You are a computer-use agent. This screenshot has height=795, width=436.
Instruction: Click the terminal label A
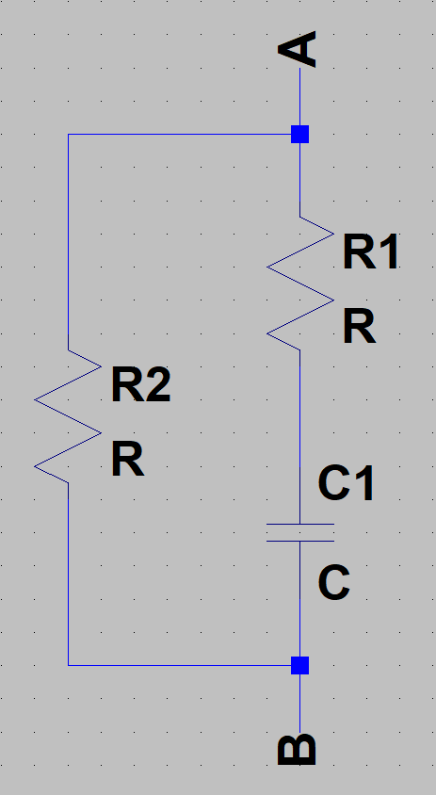click(x=298, y=49)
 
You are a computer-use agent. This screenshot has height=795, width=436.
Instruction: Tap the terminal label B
click(x=298, y=750)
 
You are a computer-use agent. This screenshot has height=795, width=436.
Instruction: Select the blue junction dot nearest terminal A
click(x=299, y=135)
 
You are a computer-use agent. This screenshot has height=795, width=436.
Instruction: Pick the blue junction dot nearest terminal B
click(x=299, y=665)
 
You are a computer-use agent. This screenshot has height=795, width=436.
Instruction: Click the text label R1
click(x=371, y=251)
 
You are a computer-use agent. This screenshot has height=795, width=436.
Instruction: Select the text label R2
click(x=140, y=385)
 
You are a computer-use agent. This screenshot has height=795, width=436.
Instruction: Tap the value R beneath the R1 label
click(x=359, y=327)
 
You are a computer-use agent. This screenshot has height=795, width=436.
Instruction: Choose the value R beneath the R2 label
click(x=127, y=460)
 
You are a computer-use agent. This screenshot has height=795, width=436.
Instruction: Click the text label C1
click(x=346, y=484)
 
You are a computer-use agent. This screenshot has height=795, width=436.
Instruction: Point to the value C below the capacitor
click(x=333, y=583)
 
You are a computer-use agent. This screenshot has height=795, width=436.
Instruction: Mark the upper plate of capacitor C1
click(x=300, y=525)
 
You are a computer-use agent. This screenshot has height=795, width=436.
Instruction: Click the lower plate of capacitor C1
click(x=300, y=541)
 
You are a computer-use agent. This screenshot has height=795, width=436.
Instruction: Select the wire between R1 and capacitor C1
click(x=299, y=436)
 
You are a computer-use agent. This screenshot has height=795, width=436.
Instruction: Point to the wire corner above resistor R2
click(x=69, y=135)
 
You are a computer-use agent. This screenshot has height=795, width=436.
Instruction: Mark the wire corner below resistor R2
click(x=69, y=665)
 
